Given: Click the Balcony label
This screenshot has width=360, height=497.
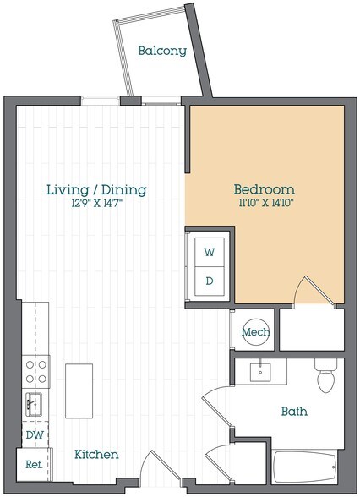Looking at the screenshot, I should pos(162,51).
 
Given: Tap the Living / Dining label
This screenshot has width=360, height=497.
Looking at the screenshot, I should pos(96,189).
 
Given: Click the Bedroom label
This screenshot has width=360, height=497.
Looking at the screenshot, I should pos(264,188).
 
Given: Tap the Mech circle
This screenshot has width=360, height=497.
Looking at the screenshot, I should pos(255,332).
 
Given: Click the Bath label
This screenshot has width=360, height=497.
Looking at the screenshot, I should pos(294,412).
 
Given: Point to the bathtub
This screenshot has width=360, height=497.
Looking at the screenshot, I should pos(306,473).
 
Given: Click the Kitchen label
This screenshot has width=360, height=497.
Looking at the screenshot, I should pos(96,455).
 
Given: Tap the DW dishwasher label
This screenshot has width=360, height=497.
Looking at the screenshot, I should pos(33,434).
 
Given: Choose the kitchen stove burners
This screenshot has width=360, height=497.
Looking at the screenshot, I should pos(36,371).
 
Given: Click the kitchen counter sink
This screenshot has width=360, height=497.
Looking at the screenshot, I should pos(35,402).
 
